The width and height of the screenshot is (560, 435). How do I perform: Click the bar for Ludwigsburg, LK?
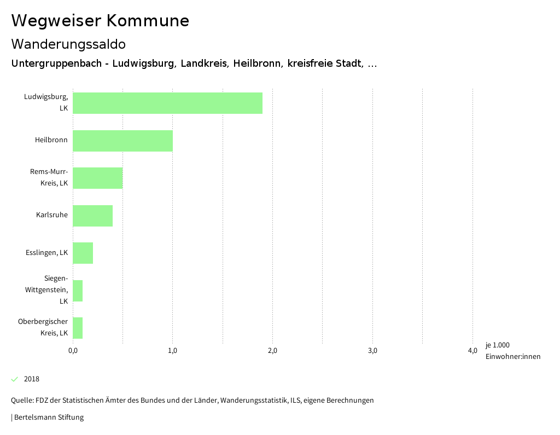(167, 103)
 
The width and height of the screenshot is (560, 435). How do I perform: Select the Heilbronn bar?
(122, 141)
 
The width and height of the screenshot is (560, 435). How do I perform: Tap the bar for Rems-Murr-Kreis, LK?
(97, 178)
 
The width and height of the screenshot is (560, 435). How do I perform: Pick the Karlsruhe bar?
(92, 216)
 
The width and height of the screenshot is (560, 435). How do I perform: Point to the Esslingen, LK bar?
(83, 253)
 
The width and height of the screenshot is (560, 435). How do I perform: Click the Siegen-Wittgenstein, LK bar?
(78, 291)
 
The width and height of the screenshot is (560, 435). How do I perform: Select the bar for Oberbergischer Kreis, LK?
(78, 328)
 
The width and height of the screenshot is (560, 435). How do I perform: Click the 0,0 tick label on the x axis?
(73, 351)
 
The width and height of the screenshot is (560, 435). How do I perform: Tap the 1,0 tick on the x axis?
(173, 351)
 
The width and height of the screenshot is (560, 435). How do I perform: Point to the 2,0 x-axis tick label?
(272, 351)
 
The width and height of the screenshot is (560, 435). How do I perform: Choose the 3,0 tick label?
(372, 351)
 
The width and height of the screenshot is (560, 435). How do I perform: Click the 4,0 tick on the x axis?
(472, 351)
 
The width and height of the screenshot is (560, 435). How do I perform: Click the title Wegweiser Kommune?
(100, 21)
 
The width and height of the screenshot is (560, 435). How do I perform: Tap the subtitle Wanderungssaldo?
(68, 44)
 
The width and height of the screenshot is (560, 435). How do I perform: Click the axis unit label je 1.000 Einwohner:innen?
(512, 351)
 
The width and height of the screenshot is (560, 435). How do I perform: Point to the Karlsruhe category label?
(52, 215)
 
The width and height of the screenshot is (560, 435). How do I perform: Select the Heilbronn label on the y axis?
(51, 140)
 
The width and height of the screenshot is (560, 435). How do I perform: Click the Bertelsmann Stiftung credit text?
(49, 417)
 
